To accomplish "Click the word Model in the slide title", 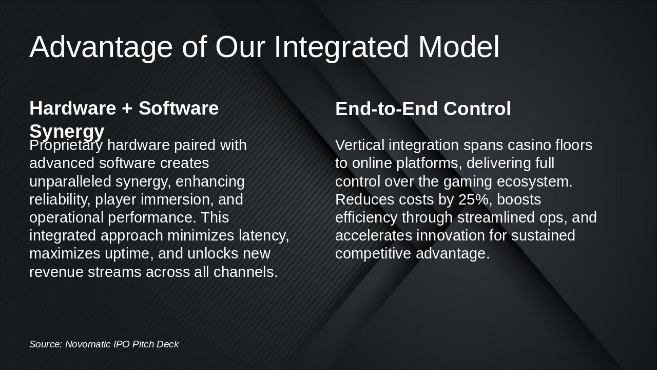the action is pyautogui.click(x=458, y=47).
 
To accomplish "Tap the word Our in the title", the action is pyautogui.click(x=240, y=47).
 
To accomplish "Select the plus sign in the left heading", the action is pyautogui.click(x=127, y=108).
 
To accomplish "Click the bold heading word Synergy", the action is pyautogui.click(x=67, y=131).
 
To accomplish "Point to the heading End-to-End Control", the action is pyautogui.click(x=423, y=108).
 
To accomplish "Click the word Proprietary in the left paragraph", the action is pyautogui.click(x=66, y=145).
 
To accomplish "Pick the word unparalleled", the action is pyautogui.click(x=70, y=182).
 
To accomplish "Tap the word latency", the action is pyautogui.click(x=264, y=235).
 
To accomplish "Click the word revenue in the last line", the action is pyautogui.click(x=56, y=272).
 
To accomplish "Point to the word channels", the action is pyautogui.click(x=245, y=272).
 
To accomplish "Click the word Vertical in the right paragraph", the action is pyautogui.click(x=360, y=145).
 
